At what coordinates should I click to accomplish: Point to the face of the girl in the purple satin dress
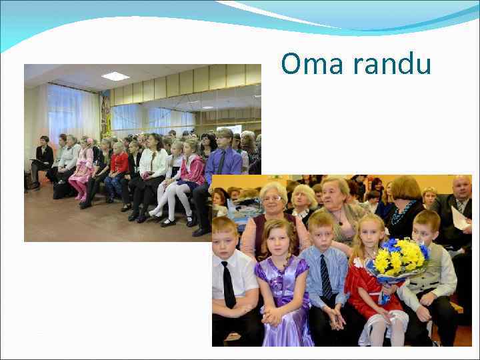click(278, 237)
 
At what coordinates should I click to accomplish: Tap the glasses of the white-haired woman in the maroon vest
click(273, 199)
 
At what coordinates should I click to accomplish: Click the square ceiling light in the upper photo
click(115, 76)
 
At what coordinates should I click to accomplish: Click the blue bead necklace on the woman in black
click(403, 214)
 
